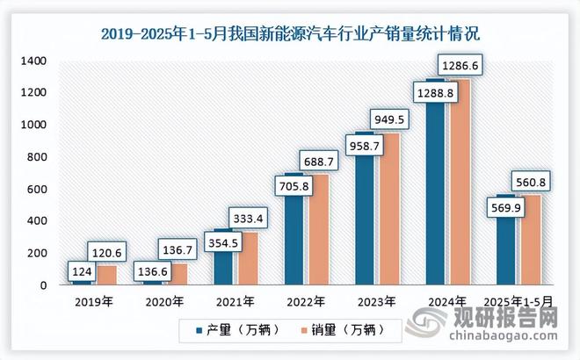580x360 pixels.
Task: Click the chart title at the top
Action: pyautogui.click(x=290, y=35)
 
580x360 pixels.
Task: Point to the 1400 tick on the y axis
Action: pyautogui.click(x=34, y=61)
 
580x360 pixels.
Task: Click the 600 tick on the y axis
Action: pyautogui.click(x=37, y=189)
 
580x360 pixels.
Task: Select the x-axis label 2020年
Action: pyautogui.click(x=164, y=301)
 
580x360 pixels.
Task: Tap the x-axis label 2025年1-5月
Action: pyautogui.click(x=518, y=301)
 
